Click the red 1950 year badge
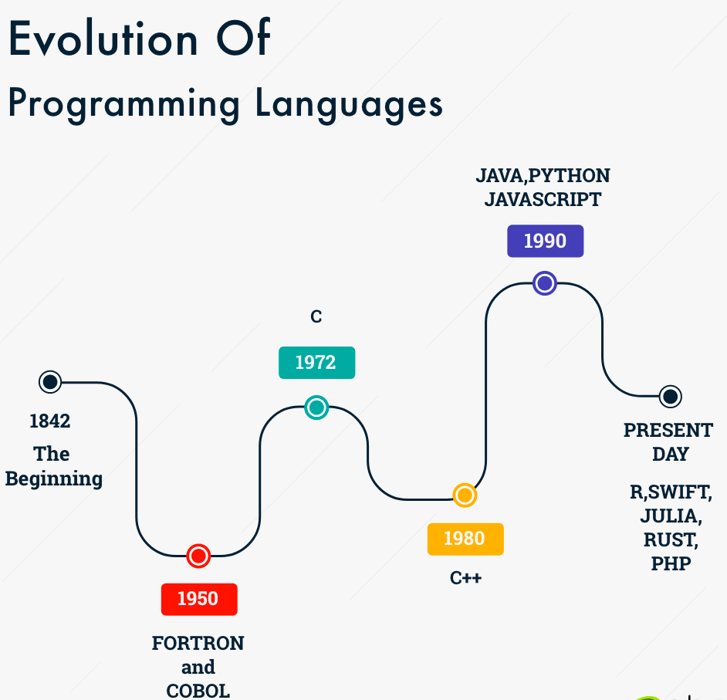[x=198, y=599]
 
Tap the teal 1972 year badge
[x=316, y=363]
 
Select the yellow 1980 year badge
[x=465, y=539]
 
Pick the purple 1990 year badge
[x=545, y=241]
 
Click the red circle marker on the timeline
[x=198, y=556]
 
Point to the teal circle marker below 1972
[x=316, y=407]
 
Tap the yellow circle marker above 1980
[x=465, y=495]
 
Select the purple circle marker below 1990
[x=545, y=283]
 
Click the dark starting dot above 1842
[x=50, y=381]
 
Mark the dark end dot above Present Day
[x=670, y=397]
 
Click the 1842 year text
[x=50, y=421]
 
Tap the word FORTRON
[x=198, y=644]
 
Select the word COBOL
[x=198, y=690]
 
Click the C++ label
[x=465, y=578]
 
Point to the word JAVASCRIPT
[x=543, y=199]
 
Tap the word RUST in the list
[x=671, y=539]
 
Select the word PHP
[x=671, y=563]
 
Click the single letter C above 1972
[x=316, y=316]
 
